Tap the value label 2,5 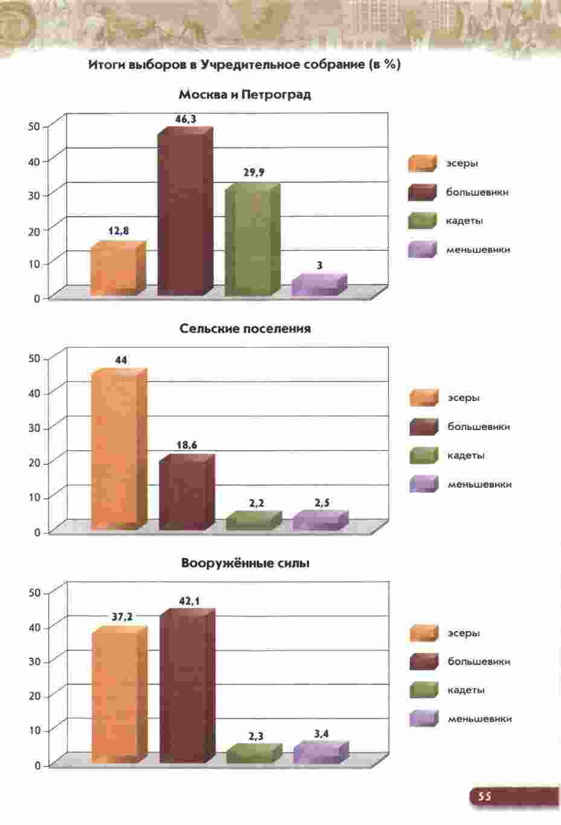point(322,503)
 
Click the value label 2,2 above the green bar point(256,503)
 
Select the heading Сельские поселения point(245,329)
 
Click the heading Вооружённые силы point(245,563)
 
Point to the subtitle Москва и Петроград point(245,95)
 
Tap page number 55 point(484,796)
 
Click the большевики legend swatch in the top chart point(422,192)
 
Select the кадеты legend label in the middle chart point(466,455)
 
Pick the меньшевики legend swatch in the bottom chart point(423,719)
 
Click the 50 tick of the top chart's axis point(34,126)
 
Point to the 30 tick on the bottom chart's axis point(34,661)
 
